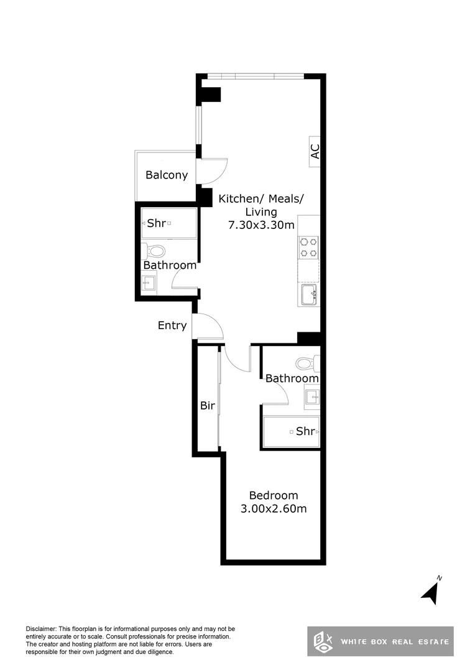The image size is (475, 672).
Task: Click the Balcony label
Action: (x=166, y=175)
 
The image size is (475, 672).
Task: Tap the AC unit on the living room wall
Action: (x=315, y=151)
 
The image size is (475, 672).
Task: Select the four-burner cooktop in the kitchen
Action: (x=308, y=248)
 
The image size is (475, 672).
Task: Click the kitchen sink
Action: (x=309, y=295)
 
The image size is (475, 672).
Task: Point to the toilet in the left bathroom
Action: (x=155, y=251)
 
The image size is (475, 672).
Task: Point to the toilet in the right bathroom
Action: (x=307, y=363)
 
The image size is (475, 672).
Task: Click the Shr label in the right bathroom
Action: (x=305, y=431)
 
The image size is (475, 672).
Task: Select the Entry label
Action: (x=172, y=325)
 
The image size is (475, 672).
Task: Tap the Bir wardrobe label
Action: (x=207, y=406)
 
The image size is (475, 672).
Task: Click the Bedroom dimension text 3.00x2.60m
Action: (x=274, y=509)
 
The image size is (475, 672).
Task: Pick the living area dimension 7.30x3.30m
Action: (x=261, y=225)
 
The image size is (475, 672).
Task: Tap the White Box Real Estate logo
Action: (x=380, y=641)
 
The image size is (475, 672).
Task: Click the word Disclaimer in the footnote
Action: (x=40, y=629)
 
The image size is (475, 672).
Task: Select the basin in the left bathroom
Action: (x=149, y=284)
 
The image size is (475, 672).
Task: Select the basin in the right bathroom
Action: (x=312, y=396)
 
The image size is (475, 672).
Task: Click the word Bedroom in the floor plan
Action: (x=274, y=495)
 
